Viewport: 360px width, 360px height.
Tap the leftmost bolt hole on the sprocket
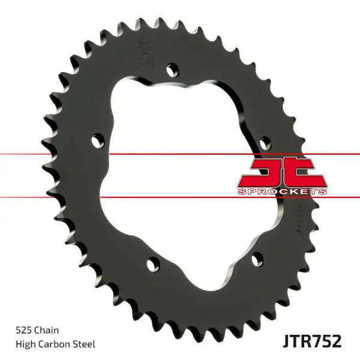tap(97, 140)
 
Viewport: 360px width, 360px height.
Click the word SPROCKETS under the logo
tap(283, 191)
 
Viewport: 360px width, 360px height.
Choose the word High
tap(23, 344)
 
